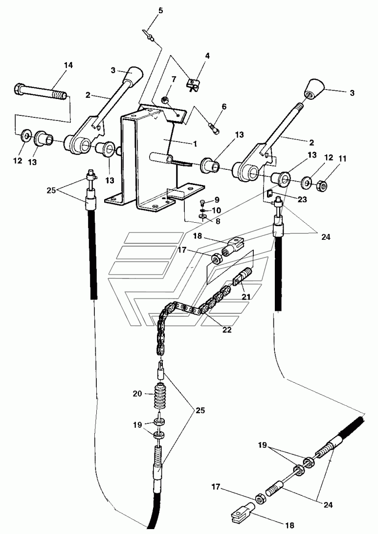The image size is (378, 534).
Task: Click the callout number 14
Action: [68, 65]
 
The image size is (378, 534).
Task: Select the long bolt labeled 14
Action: [41, 92]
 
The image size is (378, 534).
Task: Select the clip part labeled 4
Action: [195, 85]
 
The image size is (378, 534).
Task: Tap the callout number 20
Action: [137, 393]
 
